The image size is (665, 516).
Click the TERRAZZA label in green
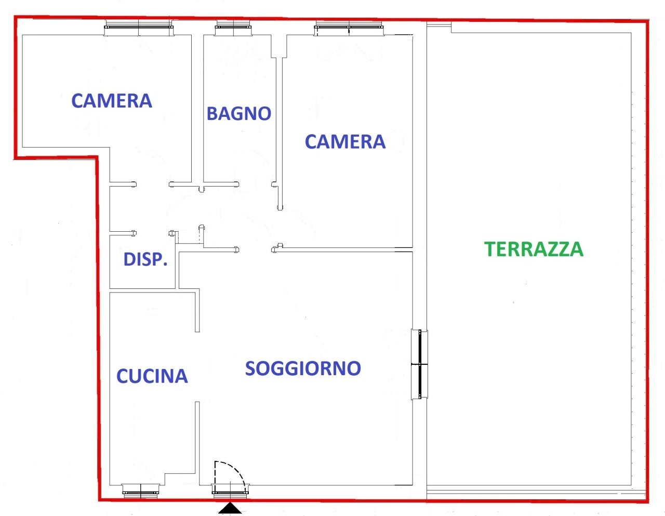534,249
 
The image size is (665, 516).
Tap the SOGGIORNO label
303,368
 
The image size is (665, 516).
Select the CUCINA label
152,376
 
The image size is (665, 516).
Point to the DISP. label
145,259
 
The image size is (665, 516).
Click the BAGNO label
239,113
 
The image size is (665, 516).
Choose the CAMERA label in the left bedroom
112,101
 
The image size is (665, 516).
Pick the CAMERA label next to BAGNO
345,141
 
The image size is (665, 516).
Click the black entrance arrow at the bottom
229,509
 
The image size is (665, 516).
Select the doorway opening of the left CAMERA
152,184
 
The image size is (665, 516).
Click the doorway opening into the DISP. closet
152,233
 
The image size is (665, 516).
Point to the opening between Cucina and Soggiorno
197,366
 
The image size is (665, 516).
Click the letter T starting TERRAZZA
490,249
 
